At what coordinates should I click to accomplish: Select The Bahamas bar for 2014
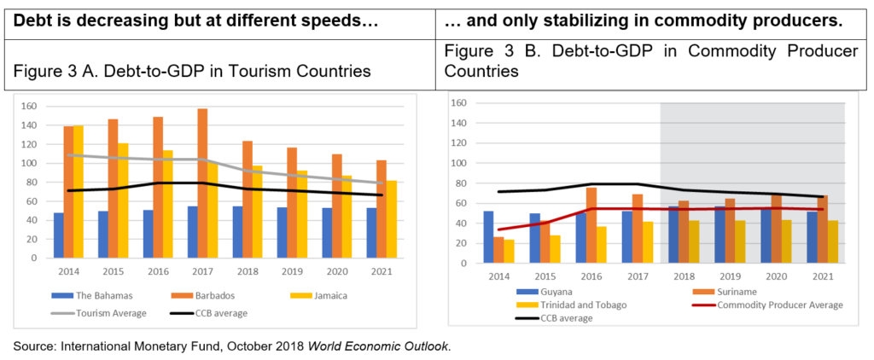pyautogui.click(x=58, y=239)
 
